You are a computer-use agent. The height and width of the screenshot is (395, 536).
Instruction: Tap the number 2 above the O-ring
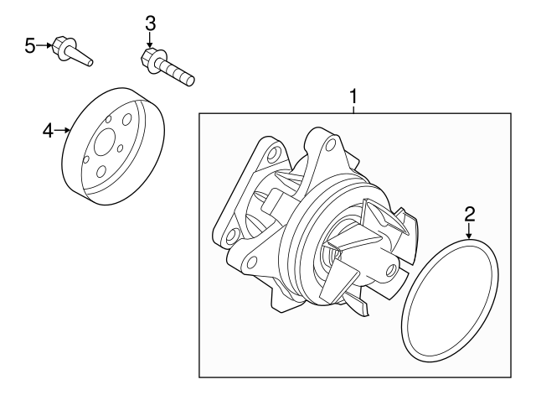pyautogui.click(x=470, y=212)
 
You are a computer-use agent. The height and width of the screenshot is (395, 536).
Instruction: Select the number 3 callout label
pyautogui.click(x=150, y=23)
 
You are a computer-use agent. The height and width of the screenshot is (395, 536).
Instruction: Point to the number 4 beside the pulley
pyautogui.click(x=48, y=129)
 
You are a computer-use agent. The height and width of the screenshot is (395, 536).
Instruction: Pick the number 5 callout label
pyautogui.click(x=30, y=45)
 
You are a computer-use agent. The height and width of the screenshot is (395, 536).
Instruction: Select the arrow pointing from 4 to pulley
pyautogui.click(x=62, y=130)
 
